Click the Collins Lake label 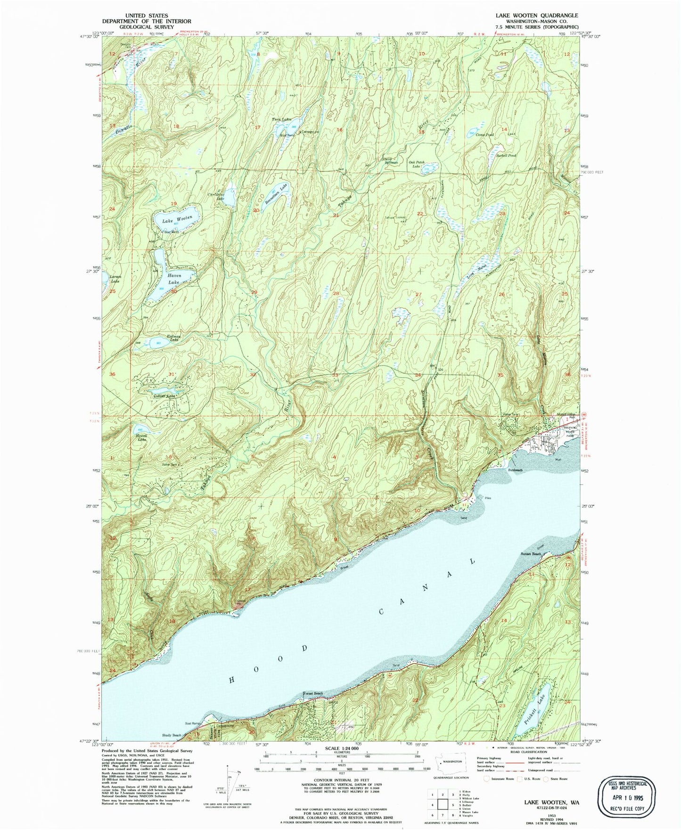164,396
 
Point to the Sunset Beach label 530,554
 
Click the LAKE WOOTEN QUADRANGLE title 536,16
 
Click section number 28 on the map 336,294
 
